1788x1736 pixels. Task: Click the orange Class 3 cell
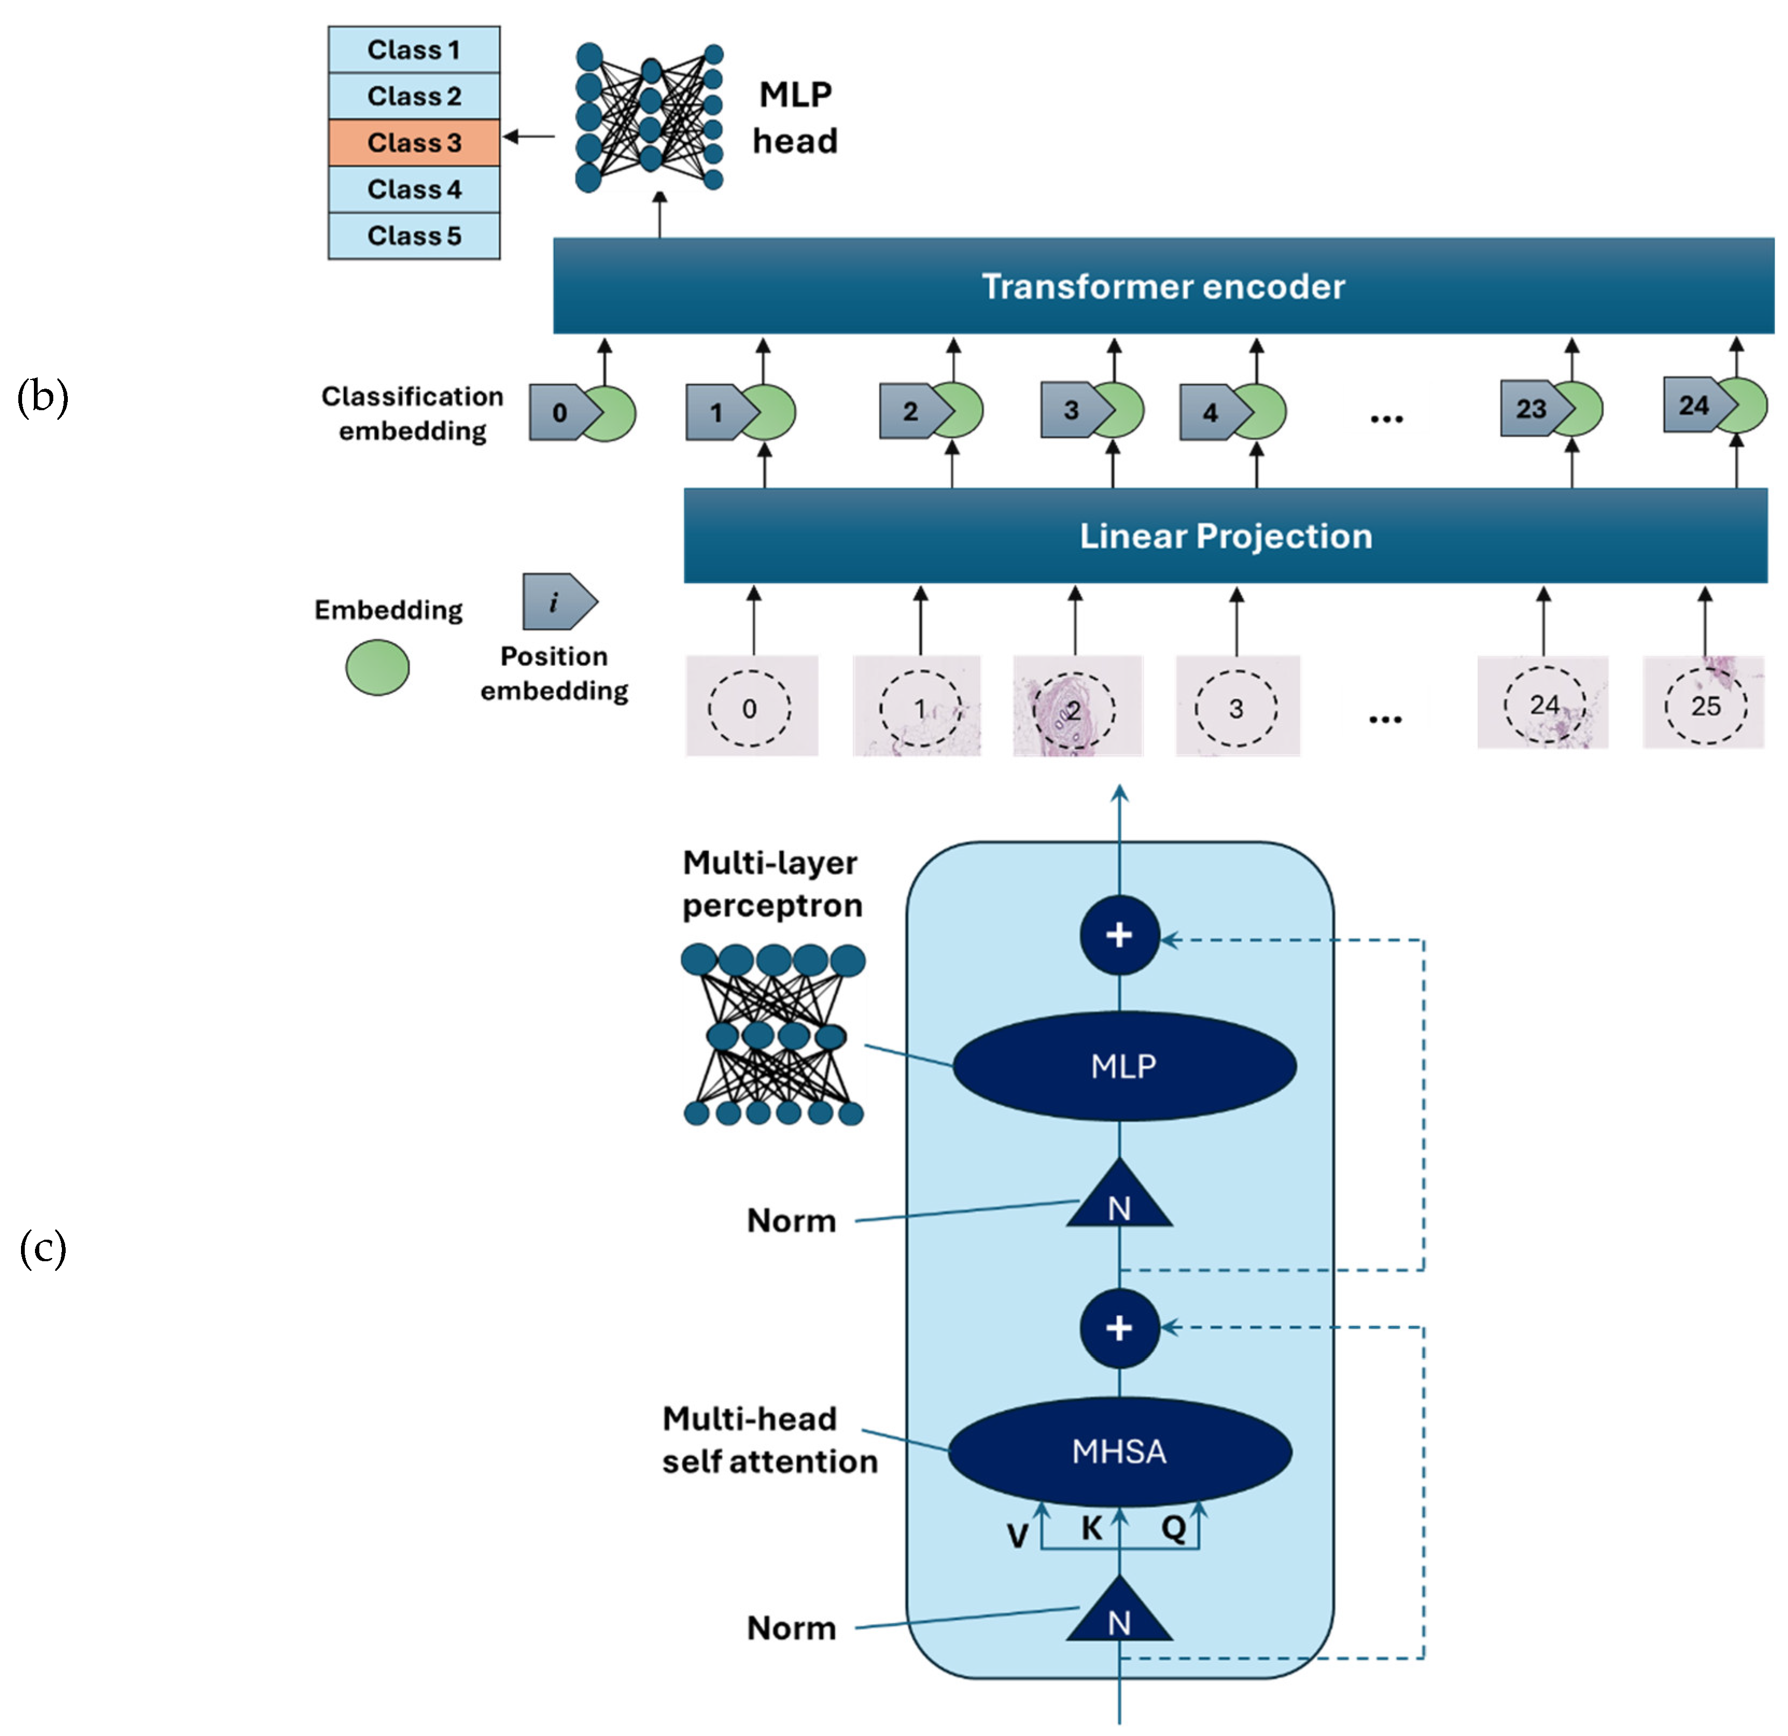(x=413, y=142)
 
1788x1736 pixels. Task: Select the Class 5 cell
(x=413, y=235)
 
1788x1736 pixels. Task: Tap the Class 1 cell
(x=413, y=50)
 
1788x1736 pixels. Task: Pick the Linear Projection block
(x=1225, y=536)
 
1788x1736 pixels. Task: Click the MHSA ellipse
(x=1120, y=1451)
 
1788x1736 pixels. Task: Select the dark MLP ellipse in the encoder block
(x=1124, y=1065)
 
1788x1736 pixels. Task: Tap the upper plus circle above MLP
(x=1120, y=935)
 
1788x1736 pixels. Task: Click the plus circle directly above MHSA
(x=1120, y=1327)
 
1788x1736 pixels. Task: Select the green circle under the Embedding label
(x=377, y=667)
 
